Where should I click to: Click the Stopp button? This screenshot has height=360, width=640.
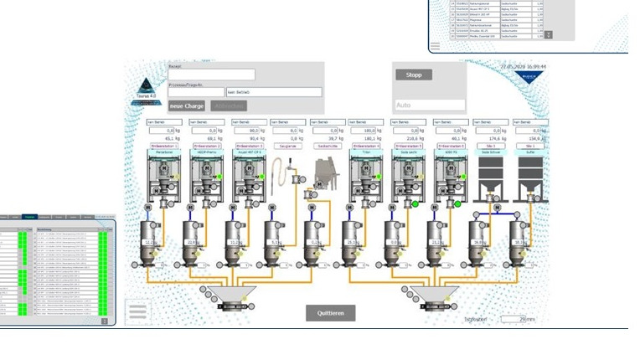pyautogui.click(x=414, y=75)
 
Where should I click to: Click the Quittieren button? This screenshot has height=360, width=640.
pyautogui.click(x=330, y=312)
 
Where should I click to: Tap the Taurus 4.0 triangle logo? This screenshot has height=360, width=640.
pyautogui.click(x=147, y=85)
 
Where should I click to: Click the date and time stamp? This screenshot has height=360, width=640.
pyautogui.click(x=523, y=66)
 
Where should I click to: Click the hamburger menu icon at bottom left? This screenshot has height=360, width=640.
pyautogui.click(x=138, y=312)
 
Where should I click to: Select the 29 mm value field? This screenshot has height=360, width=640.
pyautogui.click(x=513, y=319)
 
